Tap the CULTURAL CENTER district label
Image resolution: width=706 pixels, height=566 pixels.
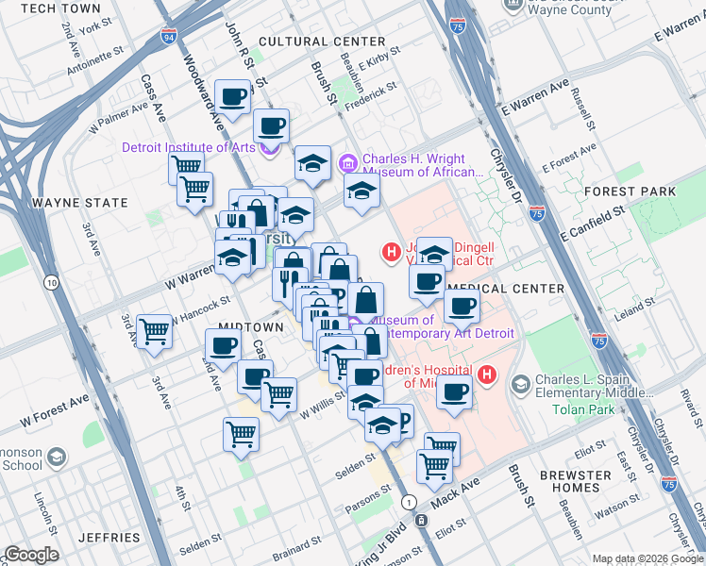click(322, 42)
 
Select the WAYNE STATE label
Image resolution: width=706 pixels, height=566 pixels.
click(79, 203)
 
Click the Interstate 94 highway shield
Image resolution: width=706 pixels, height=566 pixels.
click(168, 39)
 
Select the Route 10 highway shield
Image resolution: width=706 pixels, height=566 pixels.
click(51, 282)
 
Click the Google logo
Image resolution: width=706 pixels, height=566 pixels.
click(30, 555)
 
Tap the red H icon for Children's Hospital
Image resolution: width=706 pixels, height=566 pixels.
click(487, 375)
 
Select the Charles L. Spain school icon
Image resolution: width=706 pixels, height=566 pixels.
click(521, 384)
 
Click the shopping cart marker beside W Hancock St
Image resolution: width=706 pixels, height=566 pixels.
click(153, 331)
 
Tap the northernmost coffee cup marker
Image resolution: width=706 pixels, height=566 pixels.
click(232, 95)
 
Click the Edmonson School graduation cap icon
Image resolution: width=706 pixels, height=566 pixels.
click(57, 458)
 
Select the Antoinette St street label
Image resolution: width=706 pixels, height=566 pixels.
click(98, 63)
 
